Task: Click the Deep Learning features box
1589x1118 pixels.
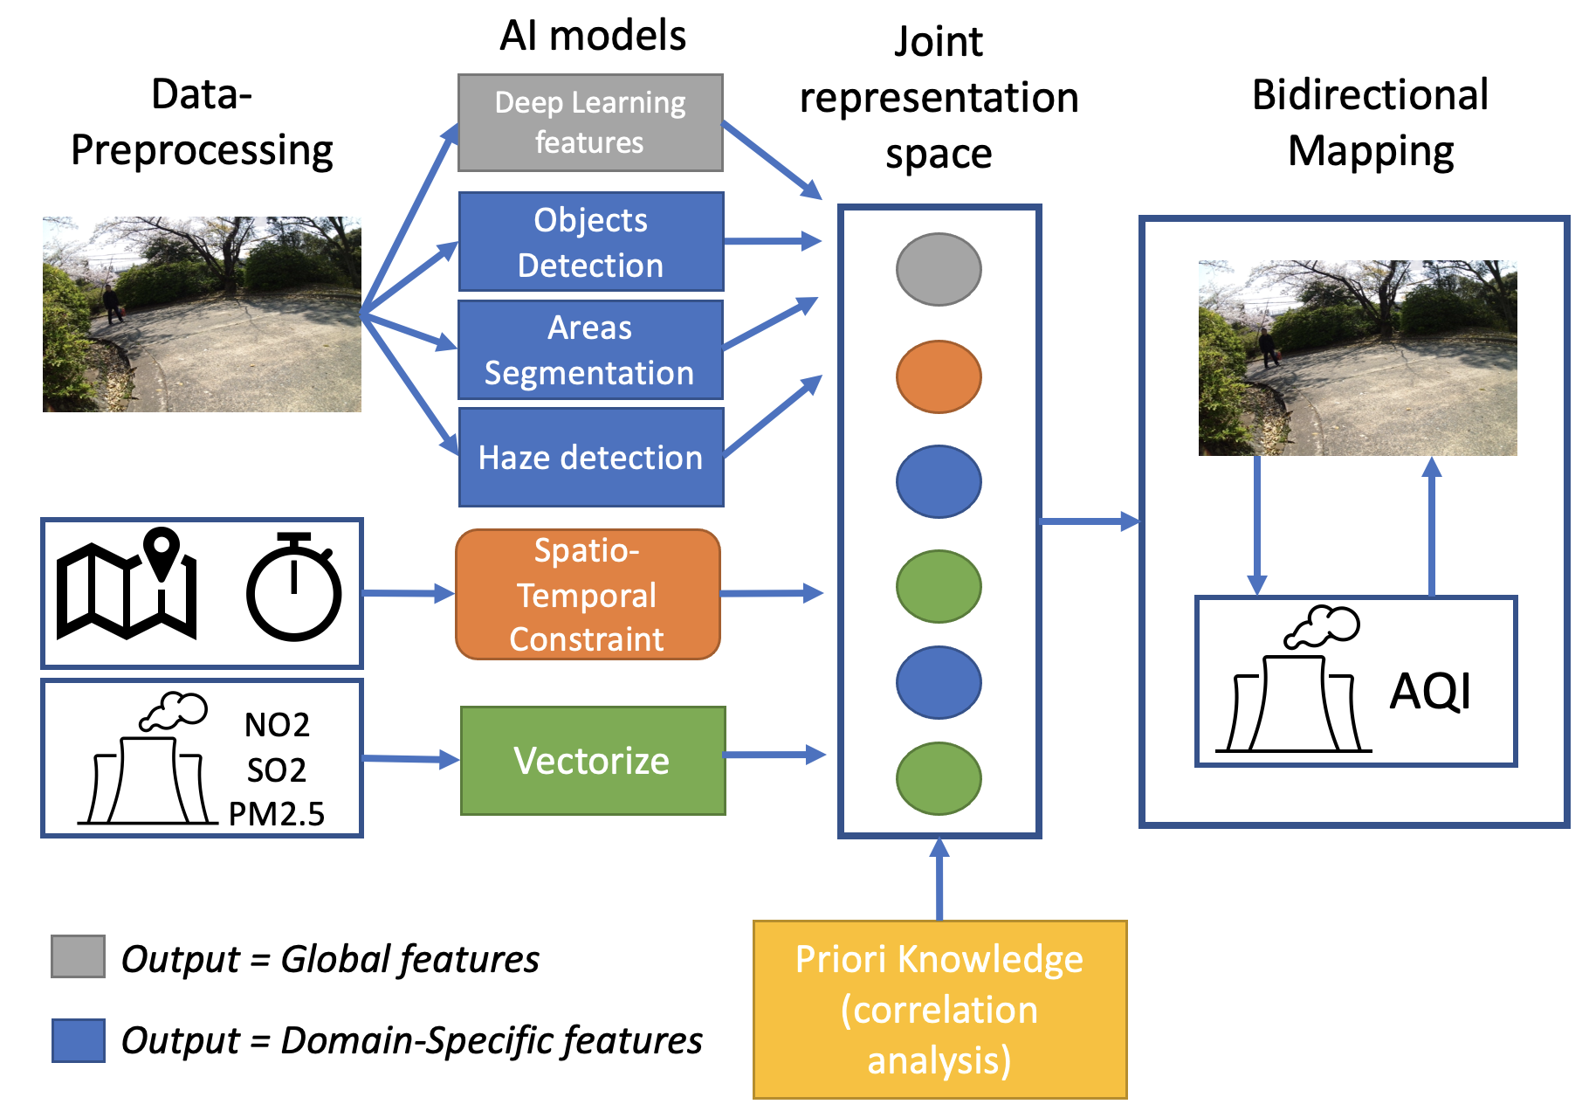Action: (590, 122)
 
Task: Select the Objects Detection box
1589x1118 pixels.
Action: (590, 242)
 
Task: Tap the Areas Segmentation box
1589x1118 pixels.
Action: (590, 349)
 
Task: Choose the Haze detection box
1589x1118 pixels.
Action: (590, 457)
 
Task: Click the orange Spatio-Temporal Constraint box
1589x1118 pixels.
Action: (588, 594)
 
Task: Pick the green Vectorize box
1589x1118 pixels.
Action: (592, 761)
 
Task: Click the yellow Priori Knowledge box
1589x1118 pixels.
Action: (939, 1010)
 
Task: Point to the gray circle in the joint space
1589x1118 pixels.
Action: (939, 269)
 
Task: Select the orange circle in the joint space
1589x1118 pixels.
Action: (939, 376)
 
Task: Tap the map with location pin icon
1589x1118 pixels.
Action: (127, 583)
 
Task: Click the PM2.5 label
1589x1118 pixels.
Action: (276, 814)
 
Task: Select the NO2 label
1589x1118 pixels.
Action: (276, 725)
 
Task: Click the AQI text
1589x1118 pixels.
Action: (1430, 692)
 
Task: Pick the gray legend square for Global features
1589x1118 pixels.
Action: (78, 956)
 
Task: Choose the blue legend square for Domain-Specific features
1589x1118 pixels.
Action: (78, 1039)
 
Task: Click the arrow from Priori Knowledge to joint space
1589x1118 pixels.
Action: (939, 878)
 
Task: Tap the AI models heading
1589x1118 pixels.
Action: (592, 36)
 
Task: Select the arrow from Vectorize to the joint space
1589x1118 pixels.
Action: (774, 755)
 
